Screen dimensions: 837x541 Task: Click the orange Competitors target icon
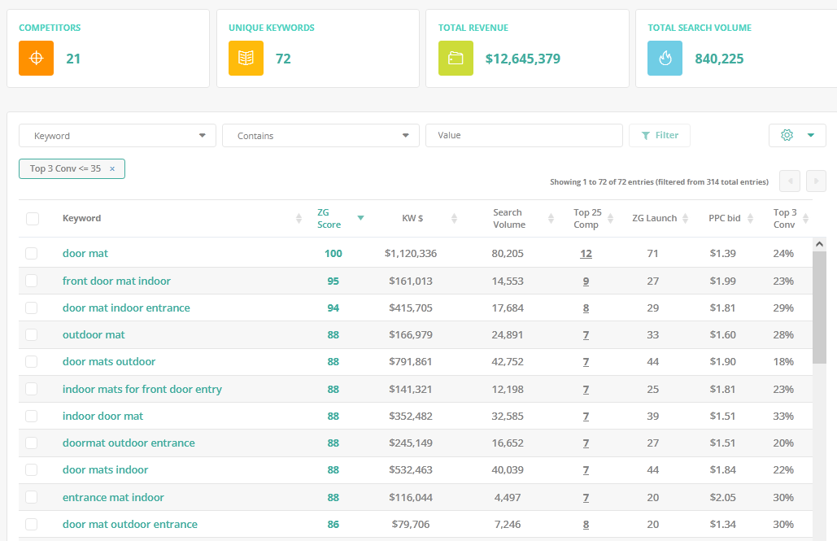(x=37, y=59)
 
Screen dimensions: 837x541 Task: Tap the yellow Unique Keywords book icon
(x=246, y=59)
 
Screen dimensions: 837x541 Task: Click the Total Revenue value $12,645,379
(x=522, y=59)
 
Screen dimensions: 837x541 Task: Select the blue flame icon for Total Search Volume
(x=665, y=59)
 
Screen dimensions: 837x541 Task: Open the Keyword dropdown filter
(x=117, y=136)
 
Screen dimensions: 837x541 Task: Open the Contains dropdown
(x=320, y=136)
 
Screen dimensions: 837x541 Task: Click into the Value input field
(x=524, y=136)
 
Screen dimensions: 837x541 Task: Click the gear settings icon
(x=787, y=135)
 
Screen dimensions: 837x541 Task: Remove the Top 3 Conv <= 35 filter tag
(x=112, y=168)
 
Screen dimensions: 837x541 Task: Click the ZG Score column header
(x=329, y=218)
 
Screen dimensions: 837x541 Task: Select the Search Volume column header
(x=508, y=218)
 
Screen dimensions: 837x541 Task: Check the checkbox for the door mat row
(x=32, y=253)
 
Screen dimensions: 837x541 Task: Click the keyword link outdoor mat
(x=94, y=335)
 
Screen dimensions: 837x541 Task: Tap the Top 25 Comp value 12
(x=586, y=254)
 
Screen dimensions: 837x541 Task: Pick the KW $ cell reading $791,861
(x=411, y=361)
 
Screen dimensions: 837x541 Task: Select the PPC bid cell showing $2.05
(x=723, y=497)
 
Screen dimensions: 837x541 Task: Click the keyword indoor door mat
(x=102, y=416)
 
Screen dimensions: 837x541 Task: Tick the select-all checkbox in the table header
(x=33, y=218)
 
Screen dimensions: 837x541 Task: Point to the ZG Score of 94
(x=333, y=308)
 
